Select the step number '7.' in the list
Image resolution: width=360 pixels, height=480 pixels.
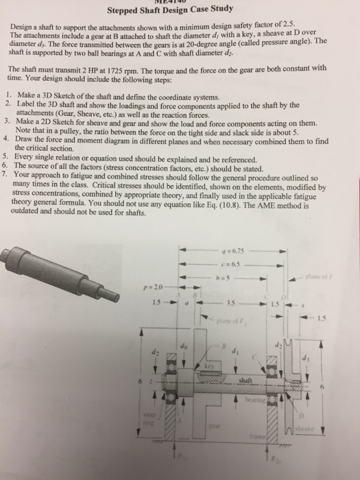7,175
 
